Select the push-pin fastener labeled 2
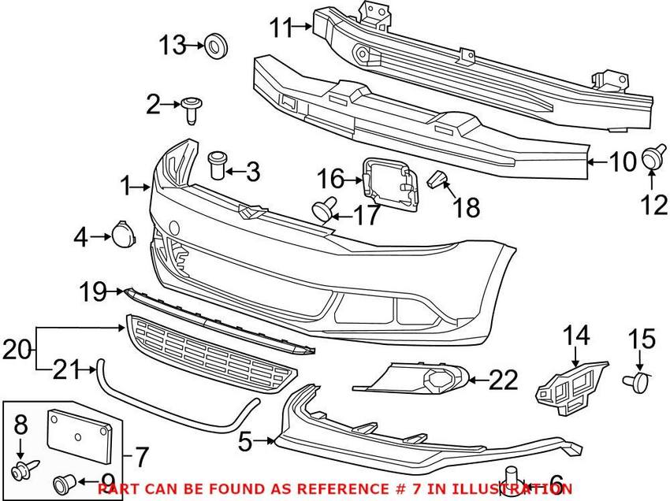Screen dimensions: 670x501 [192, 110]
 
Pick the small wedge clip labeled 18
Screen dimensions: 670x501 [437, 180]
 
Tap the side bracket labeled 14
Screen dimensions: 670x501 [572, 388]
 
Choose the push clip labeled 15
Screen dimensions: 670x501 [636, 381]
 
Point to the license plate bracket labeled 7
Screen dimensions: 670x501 [80, 436]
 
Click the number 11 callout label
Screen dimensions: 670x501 [282, 28]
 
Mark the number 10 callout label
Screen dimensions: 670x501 [623, 161]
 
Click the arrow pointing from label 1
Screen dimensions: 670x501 [141, 187]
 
